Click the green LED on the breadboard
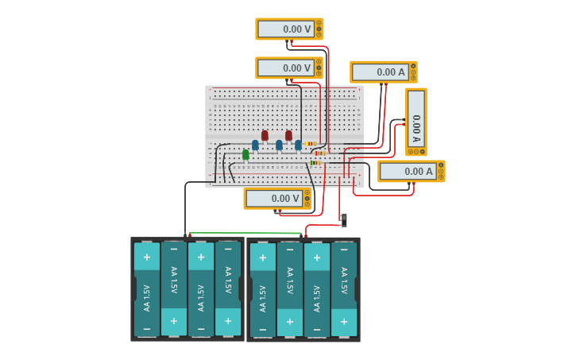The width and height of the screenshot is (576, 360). (x=245, y=154)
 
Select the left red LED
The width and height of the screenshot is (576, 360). (x=265, y=135)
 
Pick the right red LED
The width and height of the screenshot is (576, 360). (x=288, y=135)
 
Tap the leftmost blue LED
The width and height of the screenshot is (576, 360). (x=255, y=145)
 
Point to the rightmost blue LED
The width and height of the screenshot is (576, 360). (x=298, y=145)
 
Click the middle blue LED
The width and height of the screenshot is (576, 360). (x=279, y=145)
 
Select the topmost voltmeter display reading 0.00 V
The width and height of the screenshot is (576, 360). (x=285, y=29)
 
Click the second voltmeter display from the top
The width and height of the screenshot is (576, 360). (x=285, y=68)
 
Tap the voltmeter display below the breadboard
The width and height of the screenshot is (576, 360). (x=273, y=199)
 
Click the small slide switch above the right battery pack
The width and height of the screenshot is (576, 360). (x=343, y=219)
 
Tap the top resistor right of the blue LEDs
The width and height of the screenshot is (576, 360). (x=311, y=144)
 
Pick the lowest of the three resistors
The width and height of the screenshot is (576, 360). (x=315, y=163)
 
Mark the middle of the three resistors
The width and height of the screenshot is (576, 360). (x=320, y=153)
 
